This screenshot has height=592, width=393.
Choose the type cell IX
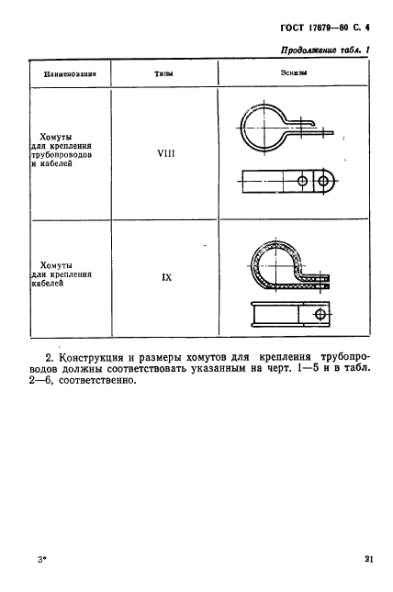click(167, 274)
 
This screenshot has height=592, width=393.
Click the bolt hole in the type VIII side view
click(324, 184)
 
